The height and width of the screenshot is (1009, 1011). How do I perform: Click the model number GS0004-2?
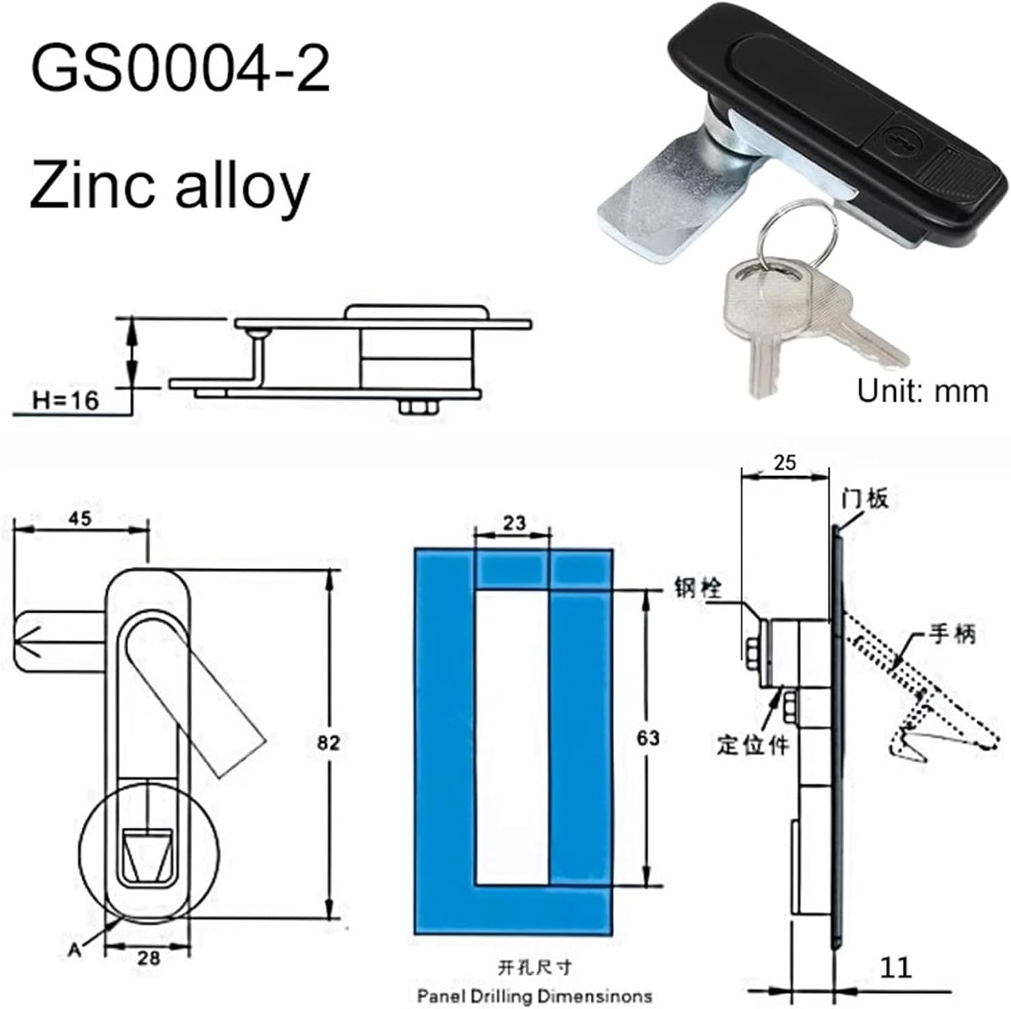point(180,69)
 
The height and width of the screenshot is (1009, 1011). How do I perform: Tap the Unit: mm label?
point(922,391)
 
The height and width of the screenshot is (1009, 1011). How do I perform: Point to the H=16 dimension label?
point(66,401)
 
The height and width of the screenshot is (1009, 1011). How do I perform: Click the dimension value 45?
point(80,519)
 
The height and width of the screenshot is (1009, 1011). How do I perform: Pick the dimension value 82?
point(329,743)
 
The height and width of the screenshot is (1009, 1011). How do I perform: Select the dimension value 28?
point(148,957)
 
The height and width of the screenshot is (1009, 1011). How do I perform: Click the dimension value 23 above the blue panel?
point(514,523)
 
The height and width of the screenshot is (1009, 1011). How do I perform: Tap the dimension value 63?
point(648,739)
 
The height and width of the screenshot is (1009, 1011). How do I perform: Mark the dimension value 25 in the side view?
point(785,463)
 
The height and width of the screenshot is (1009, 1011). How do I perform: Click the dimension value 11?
point(896,967)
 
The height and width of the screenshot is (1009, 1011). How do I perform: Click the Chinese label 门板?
point(865,499)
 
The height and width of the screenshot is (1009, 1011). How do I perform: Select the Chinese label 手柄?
point(952,634)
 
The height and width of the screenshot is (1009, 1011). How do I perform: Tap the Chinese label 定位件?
point(752,745)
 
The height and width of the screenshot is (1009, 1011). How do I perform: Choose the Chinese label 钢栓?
point(698,588)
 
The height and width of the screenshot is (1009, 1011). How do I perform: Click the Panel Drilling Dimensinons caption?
point(534,996)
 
